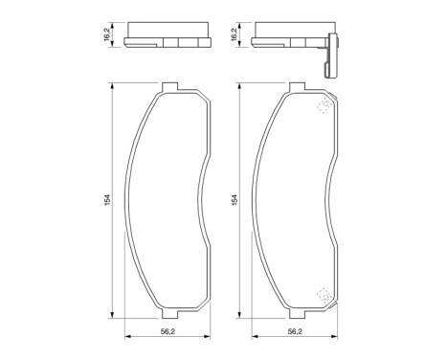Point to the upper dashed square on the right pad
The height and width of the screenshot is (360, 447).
click(x=324, y=106)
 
